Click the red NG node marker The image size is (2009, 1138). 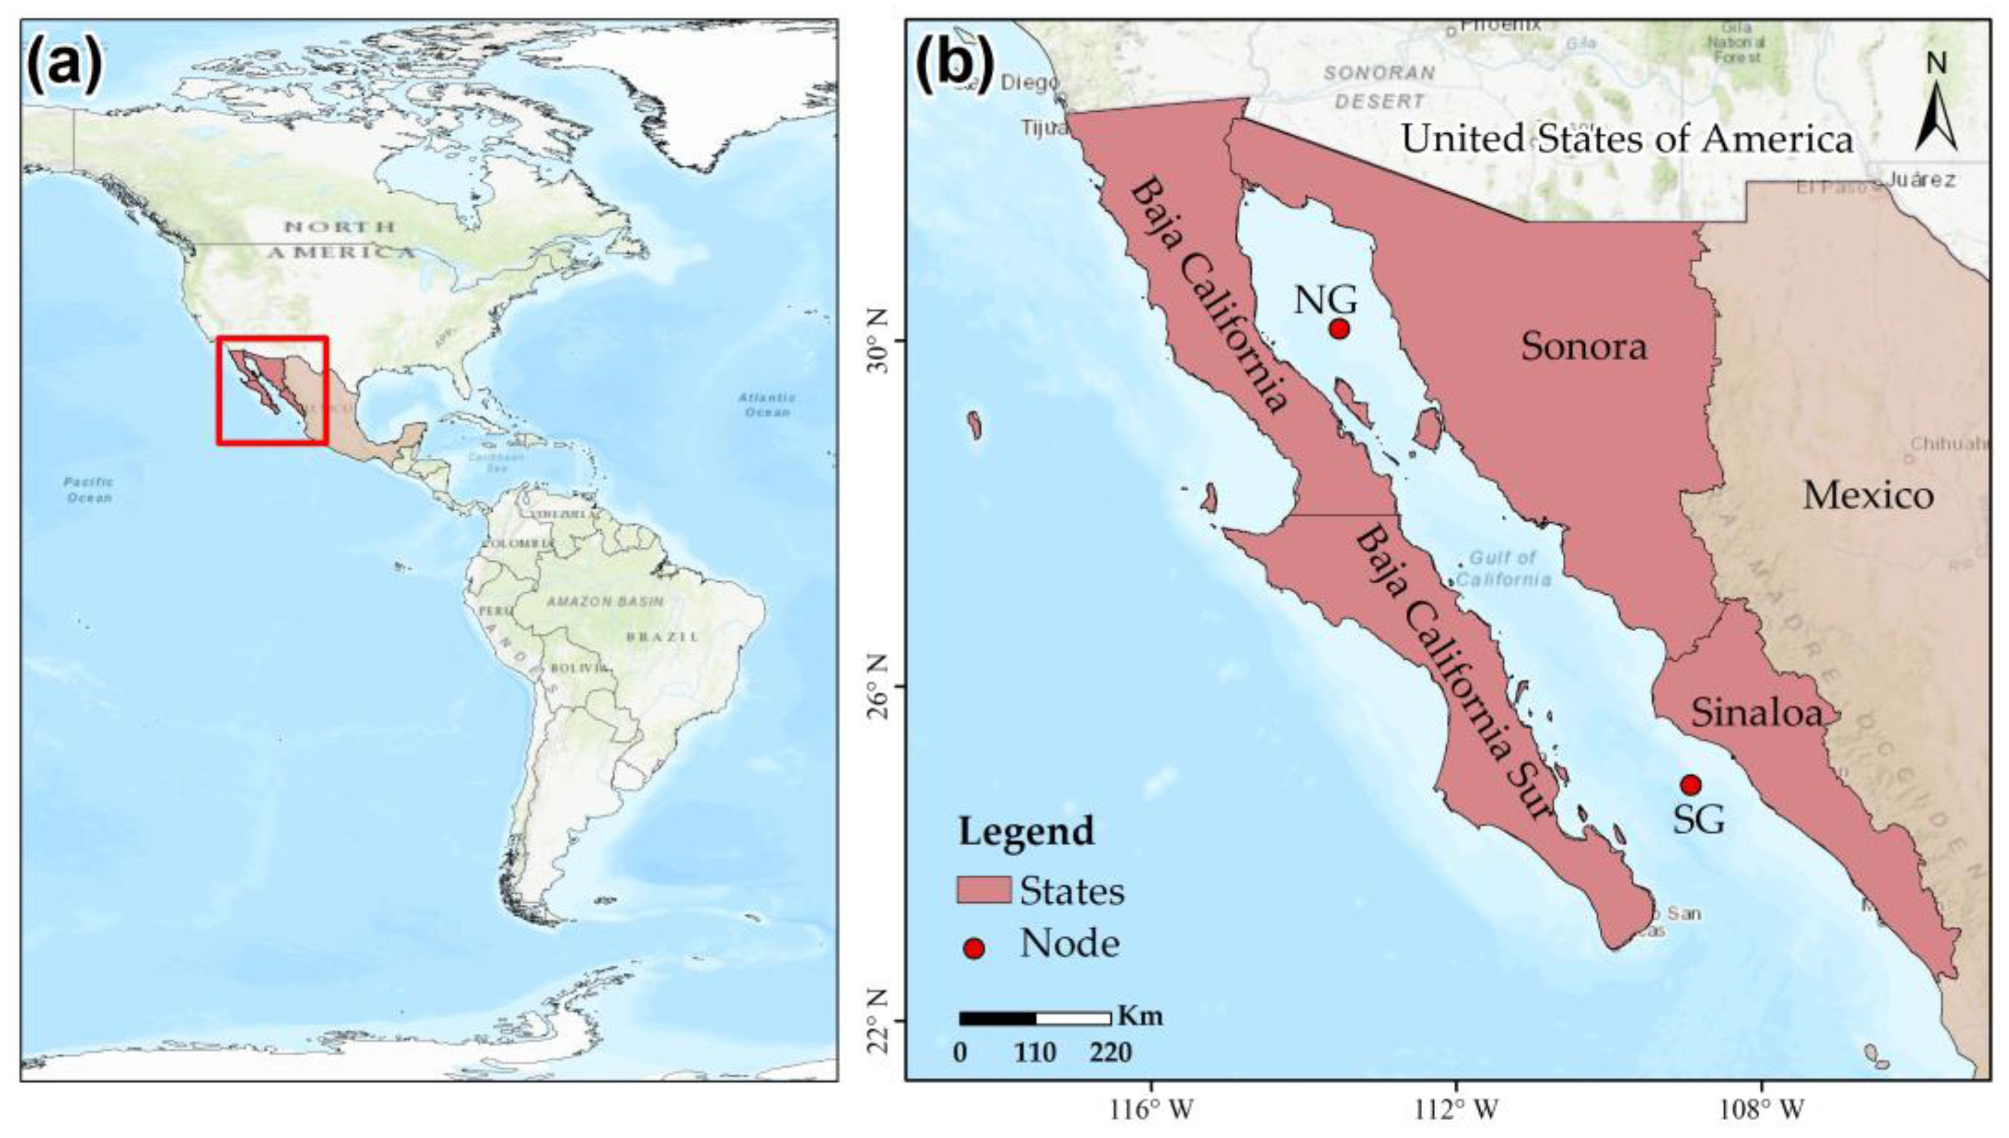1339,329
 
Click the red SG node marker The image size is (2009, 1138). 1690,784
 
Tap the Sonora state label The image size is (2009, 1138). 1583,346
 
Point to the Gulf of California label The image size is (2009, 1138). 1502,568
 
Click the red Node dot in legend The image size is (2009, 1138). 974,949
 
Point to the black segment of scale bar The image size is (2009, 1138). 997,1018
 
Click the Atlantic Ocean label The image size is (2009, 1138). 767,404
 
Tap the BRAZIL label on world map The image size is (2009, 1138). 661,637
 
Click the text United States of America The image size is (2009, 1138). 1626,139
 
